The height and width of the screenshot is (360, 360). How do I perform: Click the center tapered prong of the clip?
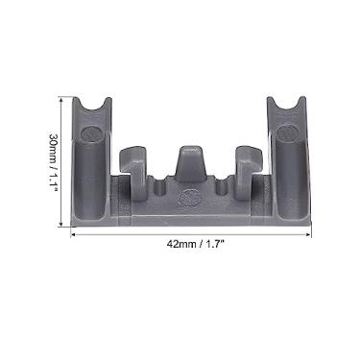coord(189,160)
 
